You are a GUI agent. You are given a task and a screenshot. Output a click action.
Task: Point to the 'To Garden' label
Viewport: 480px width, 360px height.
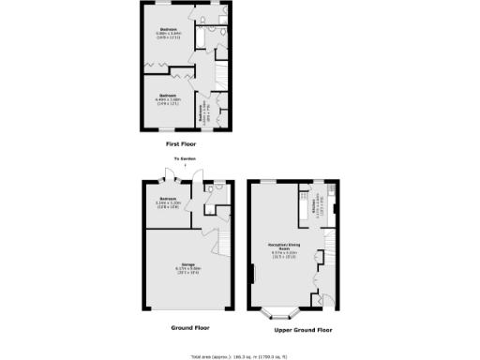point(185,159)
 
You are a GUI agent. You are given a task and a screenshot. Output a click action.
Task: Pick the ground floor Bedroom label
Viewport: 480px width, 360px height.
point(168,202)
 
